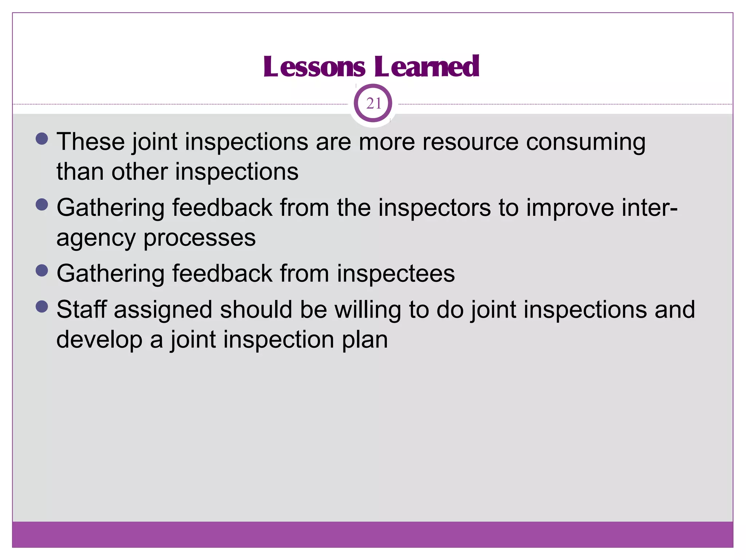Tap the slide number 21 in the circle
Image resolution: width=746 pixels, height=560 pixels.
(x=373, y=104)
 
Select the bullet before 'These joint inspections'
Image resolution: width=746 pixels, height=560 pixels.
(x=42, y=139)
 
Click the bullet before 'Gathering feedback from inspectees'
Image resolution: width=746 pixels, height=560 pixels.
(x=42, y=271)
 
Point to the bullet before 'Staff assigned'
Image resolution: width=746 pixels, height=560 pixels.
(x=42, y=307)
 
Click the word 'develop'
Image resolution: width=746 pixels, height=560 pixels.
(x=99, y=340)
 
